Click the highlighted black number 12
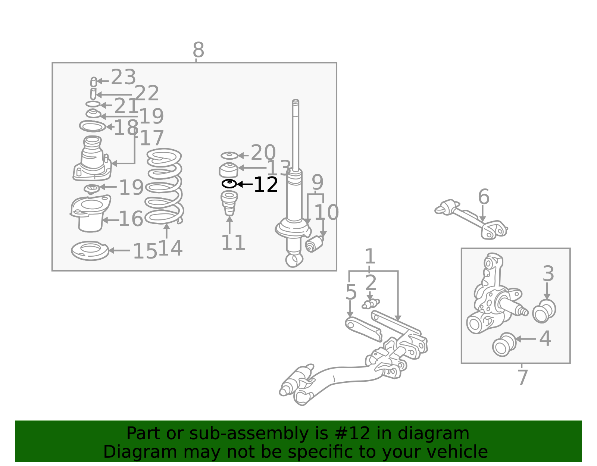[266, 185]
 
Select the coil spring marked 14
[164, 186]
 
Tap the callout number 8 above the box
[199, 50]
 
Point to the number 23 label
[124, 77]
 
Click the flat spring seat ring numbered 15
[90, 251]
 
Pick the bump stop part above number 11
[229, 203]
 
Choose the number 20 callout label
[263, 152]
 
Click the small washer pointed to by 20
[229, 156]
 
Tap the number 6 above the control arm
[484, 197]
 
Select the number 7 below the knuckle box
[522, 377]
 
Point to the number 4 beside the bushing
[545, 338]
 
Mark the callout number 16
[131, 219]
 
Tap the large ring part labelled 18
[93, 126]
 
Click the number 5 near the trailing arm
[351, 292]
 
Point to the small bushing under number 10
[314, 244]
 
